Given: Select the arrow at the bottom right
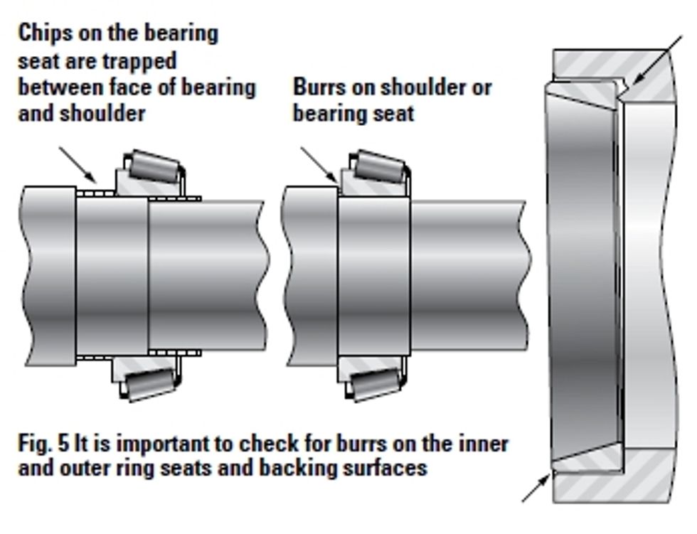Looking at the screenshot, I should click(537, 488).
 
